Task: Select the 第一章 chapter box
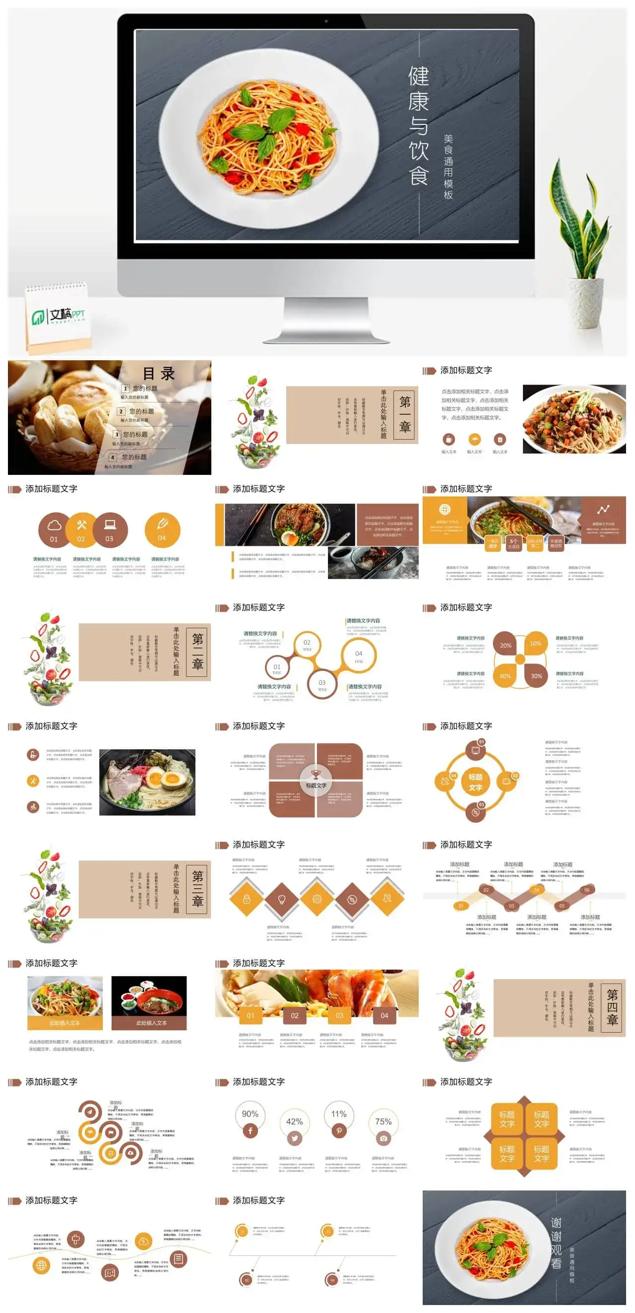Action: (x=405, y=415)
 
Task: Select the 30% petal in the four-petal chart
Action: (x=536, y=676)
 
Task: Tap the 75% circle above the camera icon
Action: (x=383, y=1122)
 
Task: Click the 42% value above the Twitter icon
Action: (x=295, y=1122)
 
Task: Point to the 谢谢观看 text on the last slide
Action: (x=556, y=1244)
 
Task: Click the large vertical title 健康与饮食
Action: (x=418, y=125)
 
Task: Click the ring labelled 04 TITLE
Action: (x=359, y=656)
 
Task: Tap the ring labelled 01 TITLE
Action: (x=277, y=669)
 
